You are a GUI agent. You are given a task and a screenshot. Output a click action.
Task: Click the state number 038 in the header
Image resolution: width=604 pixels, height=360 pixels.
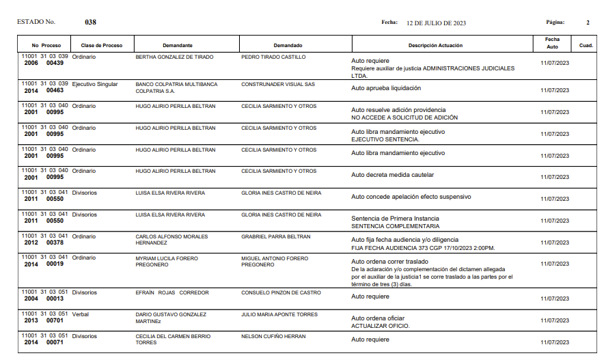90,23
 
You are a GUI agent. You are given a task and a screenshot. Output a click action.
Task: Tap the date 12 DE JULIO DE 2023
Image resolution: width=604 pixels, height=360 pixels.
436,23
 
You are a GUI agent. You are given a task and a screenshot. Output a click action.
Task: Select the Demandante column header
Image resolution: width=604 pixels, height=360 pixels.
182,46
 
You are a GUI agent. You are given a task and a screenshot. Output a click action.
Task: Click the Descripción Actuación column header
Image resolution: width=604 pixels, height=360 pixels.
435,46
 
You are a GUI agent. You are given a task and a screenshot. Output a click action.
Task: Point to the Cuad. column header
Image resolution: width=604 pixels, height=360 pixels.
586,46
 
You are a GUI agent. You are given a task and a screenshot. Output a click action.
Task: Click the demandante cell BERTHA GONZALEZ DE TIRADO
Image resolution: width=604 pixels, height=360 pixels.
174,57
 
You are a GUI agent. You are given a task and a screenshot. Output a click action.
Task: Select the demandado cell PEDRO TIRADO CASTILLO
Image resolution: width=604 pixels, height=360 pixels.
273,57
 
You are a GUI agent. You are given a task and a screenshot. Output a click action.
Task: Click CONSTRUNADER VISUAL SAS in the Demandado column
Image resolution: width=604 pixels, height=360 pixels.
278,85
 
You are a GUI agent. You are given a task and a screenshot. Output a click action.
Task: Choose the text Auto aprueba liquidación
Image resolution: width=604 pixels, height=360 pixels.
386,88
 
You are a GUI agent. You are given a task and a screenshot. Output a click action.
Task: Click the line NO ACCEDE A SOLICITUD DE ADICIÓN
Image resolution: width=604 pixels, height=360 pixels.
404,117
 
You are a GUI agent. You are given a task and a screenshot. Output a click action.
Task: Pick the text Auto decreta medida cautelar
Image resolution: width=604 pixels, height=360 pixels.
392,175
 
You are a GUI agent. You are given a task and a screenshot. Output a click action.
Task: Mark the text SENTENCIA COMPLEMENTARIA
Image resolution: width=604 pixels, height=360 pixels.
395,226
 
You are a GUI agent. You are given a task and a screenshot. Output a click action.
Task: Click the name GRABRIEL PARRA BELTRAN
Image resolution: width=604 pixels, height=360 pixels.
276,237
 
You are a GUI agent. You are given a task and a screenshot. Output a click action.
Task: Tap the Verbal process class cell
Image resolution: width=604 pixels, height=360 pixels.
81,315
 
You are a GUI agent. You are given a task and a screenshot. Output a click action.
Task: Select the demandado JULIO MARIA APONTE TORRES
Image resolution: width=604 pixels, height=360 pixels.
279,315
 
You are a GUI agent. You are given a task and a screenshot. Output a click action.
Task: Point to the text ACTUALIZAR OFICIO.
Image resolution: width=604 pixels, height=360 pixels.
380,326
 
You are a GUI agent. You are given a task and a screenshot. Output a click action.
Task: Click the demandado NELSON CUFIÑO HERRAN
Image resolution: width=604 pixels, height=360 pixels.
273,337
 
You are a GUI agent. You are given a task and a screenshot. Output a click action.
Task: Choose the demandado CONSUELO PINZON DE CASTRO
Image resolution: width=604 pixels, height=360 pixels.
281,293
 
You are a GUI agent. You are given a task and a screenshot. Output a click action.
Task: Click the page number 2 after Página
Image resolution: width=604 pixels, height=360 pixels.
588,23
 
